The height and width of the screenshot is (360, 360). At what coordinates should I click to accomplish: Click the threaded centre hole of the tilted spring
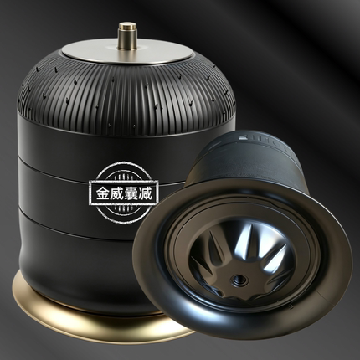[x=238, y=280]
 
